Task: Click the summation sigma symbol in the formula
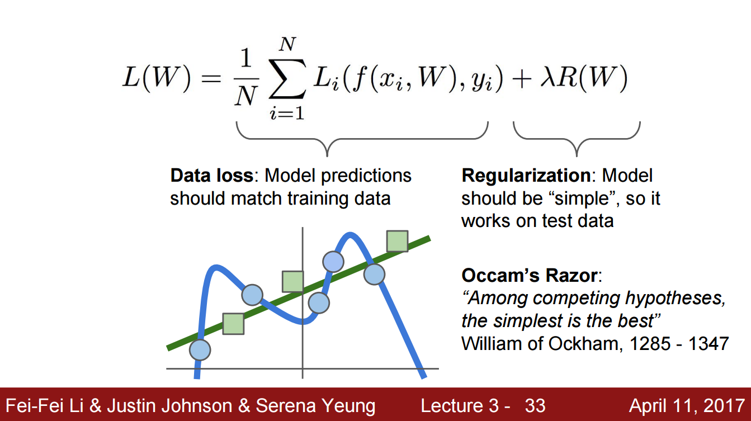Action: coord(287,78)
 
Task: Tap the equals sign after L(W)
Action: coord(211,79)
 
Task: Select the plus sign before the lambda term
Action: coord(522,80)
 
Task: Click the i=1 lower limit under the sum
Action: coord(287,112)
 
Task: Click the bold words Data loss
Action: coord(212,176)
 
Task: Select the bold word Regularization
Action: coord(526,176)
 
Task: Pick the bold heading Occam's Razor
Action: coord(530,276)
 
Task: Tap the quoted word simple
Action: coord(582,199)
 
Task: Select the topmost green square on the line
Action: coord(397,241)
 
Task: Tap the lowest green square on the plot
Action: coord(233,324)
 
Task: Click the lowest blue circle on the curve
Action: coord(200,349)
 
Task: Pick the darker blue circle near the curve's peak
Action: coord(333,262)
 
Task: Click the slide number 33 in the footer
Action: coord(535,406)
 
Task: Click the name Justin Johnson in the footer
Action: coord(169,405)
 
